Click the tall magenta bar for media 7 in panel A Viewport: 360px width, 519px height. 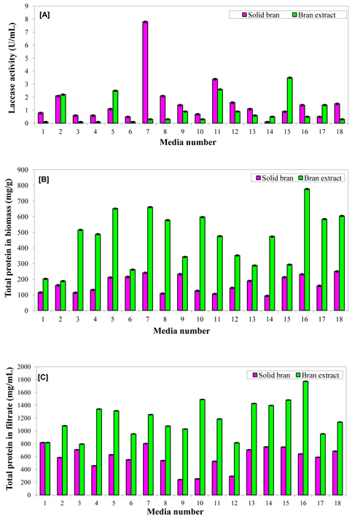click(145, 72)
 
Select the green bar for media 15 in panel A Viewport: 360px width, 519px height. click(289, 101)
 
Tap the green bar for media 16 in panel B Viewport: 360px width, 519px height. click(307, 250)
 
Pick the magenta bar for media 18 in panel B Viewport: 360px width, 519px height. click(337, 291)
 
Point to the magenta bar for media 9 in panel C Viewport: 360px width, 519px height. click(180, 487)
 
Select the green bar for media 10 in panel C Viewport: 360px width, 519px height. click(203, 447)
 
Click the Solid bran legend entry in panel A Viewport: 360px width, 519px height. click(261, 15)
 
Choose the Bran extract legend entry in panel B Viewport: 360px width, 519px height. click(320, 178)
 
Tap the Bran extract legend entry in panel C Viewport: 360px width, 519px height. click(318, 375)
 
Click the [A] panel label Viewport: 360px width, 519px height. click(44, 15)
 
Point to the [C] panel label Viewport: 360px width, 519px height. click(43, 378)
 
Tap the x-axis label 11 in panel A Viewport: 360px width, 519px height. click(217, 132)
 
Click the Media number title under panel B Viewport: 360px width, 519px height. click(181, 331)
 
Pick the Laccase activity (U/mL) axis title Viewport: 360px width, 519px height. click(12, 69)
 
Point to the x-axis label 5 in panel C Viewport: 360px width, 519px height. click(114, 503)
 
